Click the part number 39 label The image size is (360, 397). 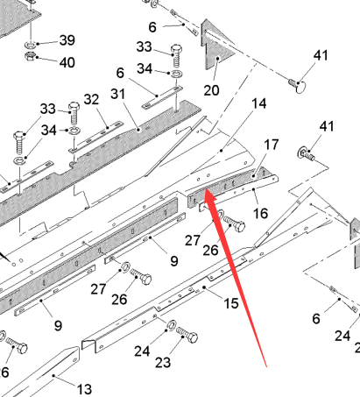pos(67,40)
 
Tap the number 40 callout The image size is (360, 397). pos(67,62)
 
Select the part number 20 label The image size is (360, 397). pos(211,90)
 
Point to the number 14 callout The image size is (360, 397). pos(259,103)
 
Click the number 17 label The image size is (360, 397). pos(272,145)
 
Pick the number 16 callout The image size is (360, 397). pos(260,213)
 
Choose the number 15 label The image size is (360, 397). pos(231,303)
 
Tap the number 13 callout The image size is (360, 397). pos(84,389)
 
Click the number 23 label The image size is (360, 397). pos(163,363)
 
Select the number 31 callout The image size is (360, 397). pos(118,94)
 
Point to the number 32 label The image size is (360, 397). pos(91,100)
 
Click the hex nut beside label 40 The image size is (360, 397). pos(31,55)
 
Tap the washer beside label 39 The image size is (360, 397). pos(31,45)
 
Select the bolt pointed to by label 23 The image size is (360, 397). pos(187,335)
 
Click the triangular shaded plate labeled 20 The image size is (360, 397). pos(216,46)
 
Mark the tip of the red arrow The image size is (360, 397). pos(206,189)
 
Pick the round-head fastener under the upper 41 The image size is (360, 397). pos(298,85)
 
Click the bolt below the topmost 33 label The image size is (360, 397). pos(176,55)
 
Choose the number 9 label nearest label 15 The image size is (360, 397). pos(174,261)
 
